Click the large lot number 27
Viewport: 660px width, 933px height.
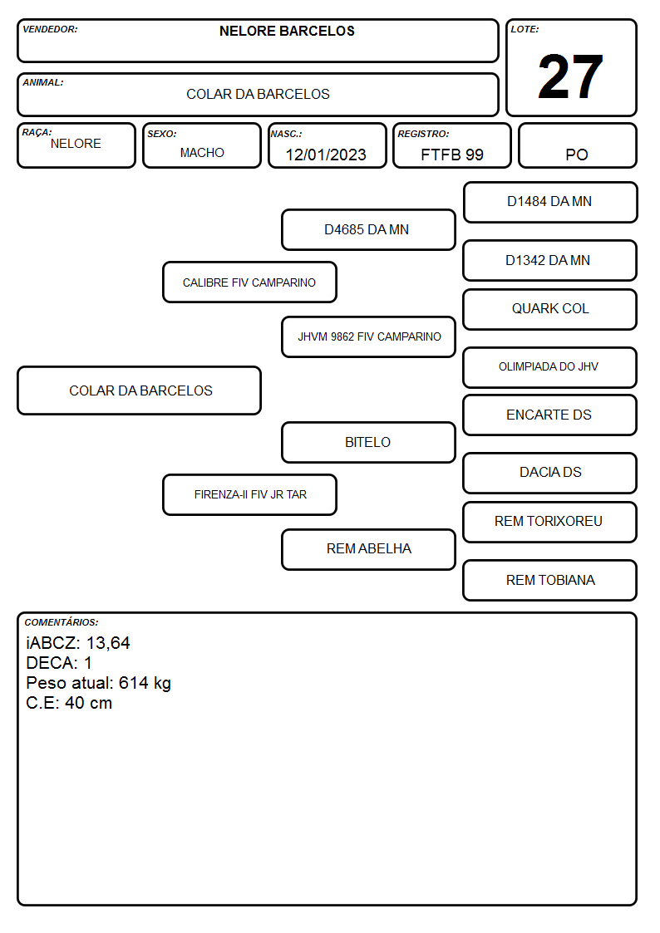(570, 76)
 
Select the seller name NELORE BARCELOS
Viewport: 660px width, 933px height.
(287, 31)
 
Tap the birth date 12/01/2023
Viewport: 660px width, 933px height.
(326, 155)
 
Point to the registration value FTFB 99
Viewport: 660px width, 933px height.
(451, 155)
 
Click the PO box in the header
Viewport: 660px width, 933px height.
(577, 145)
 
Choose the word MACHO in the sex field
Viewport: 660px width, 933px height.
(202, 153)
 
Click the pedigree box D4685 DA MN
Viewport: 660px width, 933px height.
(368, 229)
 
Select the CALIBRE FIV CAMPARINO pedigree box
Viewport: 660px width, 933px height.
(249, 282)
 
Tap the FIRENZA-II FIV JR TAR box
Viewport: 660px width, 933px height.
(249, 494)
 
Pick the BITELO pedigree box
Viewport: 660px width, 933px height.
(368, 442)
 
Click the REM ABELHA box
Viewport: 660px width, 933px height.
(368, 549)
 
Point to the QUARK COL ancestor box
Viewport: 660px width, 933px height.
(550, 309)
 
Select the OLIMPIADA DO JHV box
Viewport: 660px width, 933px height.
(550, 367)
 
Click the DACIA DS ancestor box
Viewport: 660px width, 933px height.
(550, 473)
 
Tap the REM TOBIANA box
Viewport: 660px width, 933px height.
(550, 580)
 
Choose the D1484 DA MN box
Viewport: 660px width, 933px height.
(550, 203)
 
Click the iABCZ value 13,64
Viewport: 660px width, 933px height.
(108, 643)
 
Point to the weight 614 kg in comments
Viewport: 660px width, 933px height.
(145, 683)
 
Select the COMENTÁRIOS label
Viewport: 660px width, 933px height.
(62, 622)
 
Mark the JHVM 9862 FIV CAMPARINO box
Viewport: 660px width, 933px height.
(368, 336)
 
